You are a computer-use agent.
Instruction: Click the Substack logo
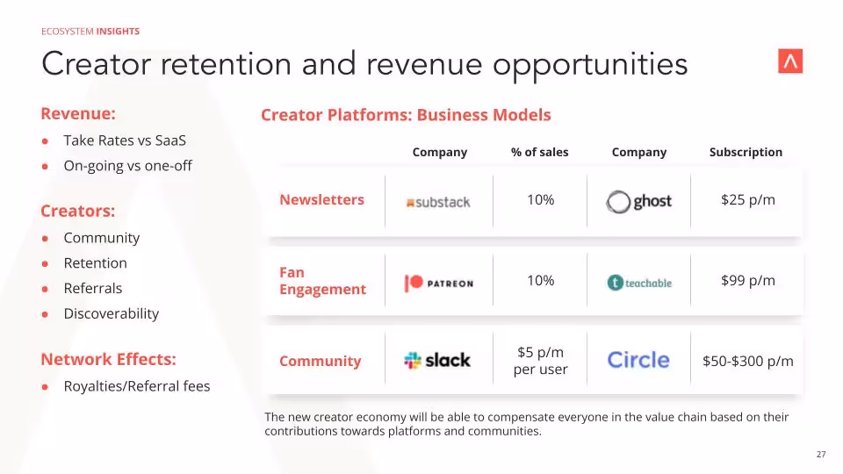(437, 202)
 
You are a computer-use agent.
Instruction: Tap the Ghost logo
(638, 202)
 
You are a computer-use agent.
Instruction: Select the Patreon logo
(438, 283)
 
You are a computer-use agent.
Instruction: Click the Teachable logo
(639, 283)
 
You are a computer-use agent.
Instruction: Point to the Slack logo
(437, 360)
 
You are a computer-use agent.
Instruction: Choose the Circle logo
(638, 360)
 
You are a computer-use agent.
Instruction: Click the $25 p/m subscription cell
(747, 200)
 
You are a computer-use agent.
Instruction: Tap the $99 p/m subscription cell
(747, 281)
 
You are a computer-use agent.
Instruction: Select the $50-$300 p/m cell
(747, 361)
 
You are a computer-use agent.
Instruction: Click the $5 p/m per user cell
(540, 361)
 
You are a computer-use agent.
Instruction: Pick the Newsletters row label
(321, 200)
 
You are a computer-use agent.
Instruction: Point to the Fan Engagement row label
(322, 281)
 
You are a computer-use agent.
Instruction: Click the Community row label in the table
(320, 361)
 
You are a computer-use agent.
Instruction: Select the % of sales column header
(539, 152)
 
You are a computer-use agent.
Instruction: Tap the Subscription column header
(746, 152)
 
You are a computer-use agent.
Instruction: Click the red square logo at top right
(790, 61)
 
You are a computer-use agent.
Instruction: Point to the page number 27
(821, 455)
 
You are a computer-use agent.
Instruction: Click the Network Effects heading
(108, 359)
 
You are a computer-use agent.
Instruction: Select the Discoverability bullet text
(111, 313)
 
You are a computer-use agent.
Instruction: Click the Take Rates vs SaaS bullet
(125, 140)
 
